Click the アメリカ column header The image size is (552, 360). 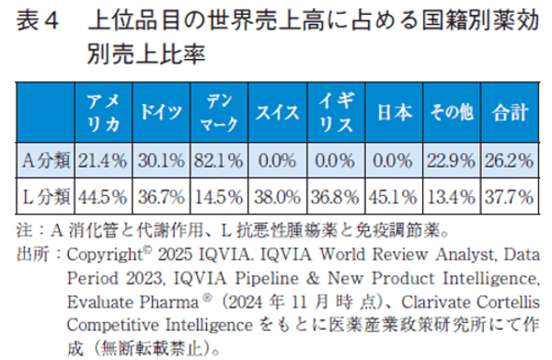tap(102, 112)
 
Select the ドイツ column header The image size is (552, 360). tap(161, 112)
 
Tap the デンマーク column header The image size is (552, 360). tap(217, 112)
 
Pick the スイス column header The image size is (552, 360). tap(277, 112)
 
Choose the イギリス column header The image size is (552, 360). tap(335, 112)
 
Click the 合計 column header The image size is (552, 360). tap(510, 112)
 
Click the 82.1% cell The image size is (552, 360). tap(218, 160)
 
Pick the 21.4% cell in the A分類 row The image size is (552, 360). tap(102, 160)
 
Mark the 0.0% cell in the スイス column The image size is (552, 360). tap(277, 160)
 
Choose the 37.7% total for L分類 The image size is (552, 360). tap(510, 195)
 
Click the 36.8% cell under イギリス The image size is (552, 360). tap(335, 195)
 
